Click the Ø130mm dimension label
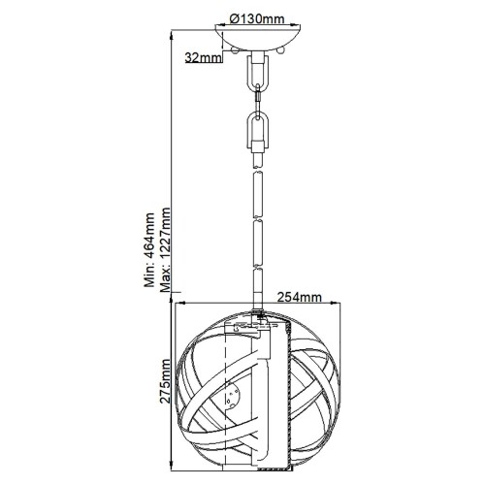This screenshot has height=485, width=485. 257,19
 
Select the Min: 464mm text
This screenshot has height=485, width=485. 149,250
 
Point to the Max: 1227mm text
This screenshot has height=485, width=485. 165,249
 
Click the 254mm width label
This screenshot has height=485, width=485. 300,297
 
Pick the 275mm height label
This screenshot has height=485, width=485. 165,381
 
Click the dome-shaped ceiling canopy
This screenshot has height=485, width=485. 258,40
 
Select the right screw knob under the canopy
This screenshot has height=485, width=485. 281,50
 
